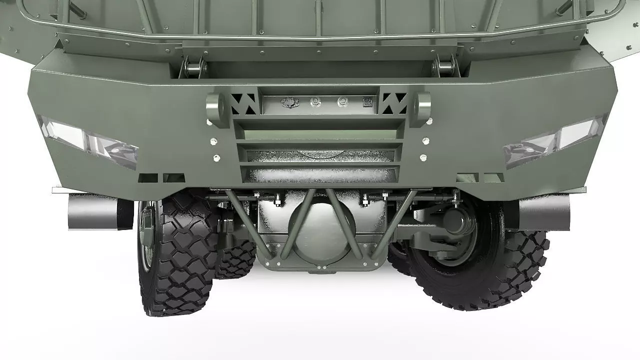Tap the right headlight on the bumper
(x=555, y=140)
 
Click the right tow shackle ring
(x=423, y=108)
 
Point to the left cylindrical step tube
(x=95, y=211)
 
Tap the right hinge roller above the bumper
(x=444, y=66)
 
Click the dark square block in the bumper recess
(x=367, y=101)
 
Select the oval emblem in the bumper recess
(x=290, y=102)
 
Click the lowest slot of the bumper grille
(x=320, y=174)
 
